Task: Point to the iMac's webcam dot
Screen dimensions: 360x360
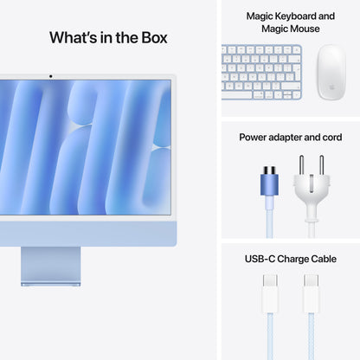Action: [x=50, y=75]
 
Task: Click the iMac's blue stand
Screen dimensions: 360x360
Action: [x=50, y=264]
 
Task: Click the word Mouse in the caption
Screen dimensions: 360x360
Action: [x=302, y=29]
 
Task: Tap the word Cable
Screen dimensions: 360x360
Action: [x=322, y=257]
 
